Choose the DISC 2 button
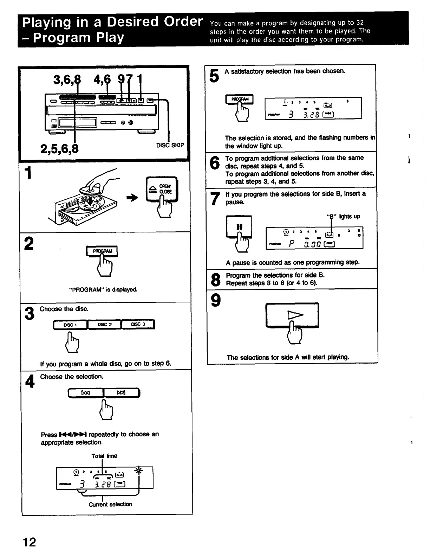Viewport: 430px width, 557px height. pos(104,324)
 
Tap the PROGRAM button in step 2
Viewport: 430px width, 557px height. pos(102,251)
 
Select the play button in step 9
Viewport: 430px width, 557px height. pos(292,315)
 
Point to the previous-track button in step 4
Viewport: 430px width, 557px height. pos(86,392)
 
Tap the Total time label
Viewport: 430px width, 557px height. pos(104,456)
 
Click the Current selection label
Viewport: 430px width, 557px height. pos(110,504)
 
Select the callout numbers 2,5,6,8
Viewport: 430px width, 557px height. pos(59,149)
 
